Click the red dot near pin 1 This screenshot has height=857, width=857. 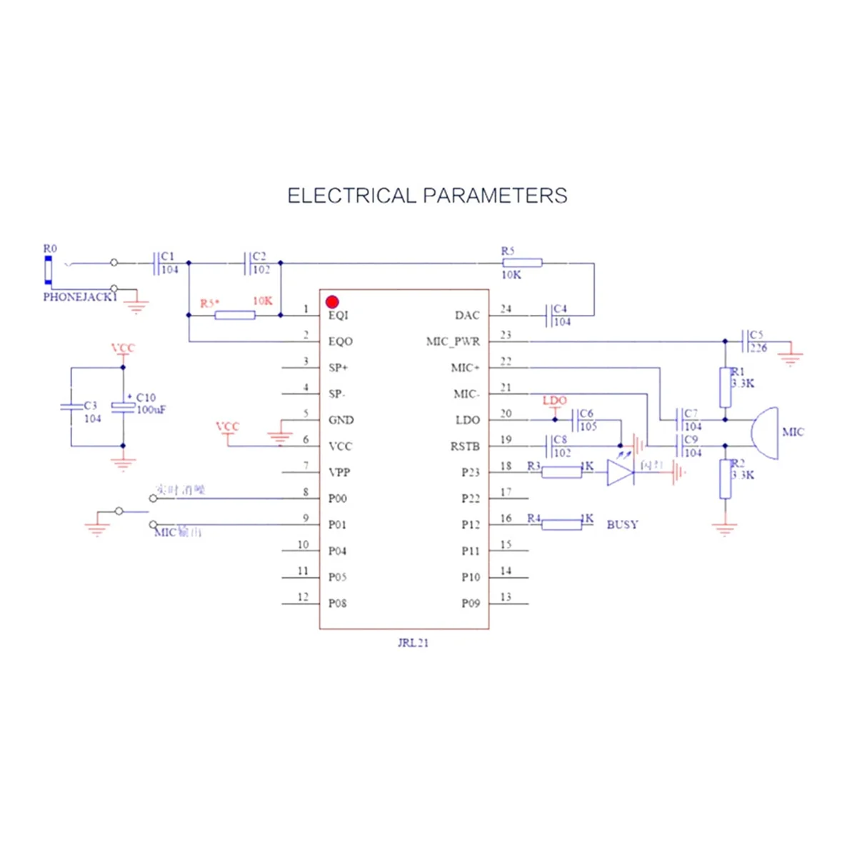332,302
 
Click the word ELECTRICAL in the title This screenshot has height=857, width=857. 351,196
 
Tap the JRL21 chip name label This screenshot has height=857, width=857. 413,643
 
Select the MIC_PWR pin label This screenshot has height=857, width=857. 453,341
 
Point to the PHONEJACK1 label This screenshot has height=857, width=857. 79,297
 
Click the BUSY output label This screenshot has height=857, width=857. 622,524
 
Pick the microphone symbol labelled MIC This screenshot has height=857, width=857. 765,433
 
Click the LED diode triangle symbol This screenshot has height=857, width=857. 620,472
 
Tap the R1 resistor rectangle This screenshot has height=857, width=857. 726,388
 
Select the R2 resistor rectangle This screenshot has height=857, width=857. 726,479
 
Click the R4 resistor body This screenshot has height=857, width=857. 561,525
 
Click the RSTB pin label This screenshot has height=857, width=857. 465,446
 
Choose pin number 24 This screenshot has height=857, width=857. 506,309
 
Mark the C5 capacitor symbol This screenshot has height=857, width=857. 745,341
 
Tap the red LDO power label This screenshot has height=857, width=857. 554,401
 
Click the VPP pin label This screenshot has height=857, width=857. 339,473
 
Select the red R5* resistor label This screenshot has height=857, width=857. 209,304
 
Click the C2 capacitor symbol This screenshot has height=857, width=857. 247,263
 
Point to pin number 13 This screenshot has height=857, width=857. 506,597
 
